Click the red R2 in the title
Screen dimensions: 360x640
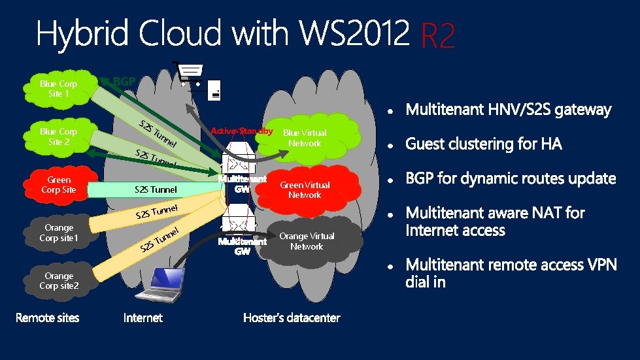coord(437,37)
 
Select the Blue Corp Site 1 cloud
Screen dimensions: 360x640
coord(58,89)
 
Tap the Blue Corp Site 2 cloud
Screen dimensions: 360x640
coord(58,137)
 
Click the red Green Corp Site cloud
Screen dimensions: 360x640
coord(58,185)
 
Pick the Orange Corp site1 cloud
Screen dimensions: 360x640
coord(58,233)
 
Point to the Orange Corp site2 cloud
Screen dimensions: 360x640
coord(58,281)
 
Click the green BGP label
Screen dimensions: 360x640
coord(124,82)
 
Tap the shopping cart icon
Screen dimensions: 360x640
coord(188,73)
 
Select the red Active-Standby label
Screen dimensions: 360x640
coord(241,131)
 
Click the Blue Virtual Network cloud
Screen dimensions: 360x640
coord(305,138)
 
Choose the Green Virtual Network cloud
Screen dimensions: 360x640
coord(305,190)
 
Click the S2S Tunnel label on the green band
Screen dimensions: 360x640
coord(155,190)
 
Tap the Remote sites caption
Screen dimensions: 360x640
coord(47,318)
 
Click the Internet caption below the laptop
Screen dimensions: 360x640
coord(143,318)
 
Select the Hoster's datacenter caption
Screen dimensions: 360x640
coord(292,318)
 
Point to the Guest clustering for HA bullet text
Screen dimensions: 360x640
coord(484,144)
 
